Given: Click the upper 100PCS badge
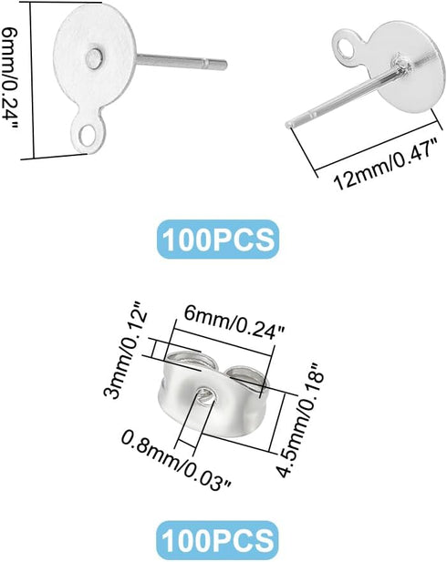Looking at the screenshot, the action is tap(218, 239).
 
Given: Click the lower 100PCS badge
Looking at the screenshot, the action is tap(218, 540).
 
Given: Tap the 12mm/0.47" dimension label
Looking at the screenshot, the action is tap(387, 164).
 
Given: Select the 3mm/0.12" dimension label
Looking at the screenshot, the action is tap(125, 354).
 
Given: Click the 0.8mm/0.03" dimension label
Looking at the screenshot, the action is tap(176, 460).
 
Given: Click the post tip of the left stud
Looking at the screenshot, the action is tap(224, 65).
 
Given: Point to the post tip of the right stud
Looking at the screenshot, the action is tap(288, 125).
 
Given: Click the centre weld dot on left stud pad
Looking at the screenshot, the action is tap(95, 58).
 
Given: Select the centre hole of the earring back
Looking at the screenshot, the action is tap(207, 395).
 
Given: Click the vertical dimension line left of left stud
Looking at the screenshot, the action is tap(32, 81).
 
